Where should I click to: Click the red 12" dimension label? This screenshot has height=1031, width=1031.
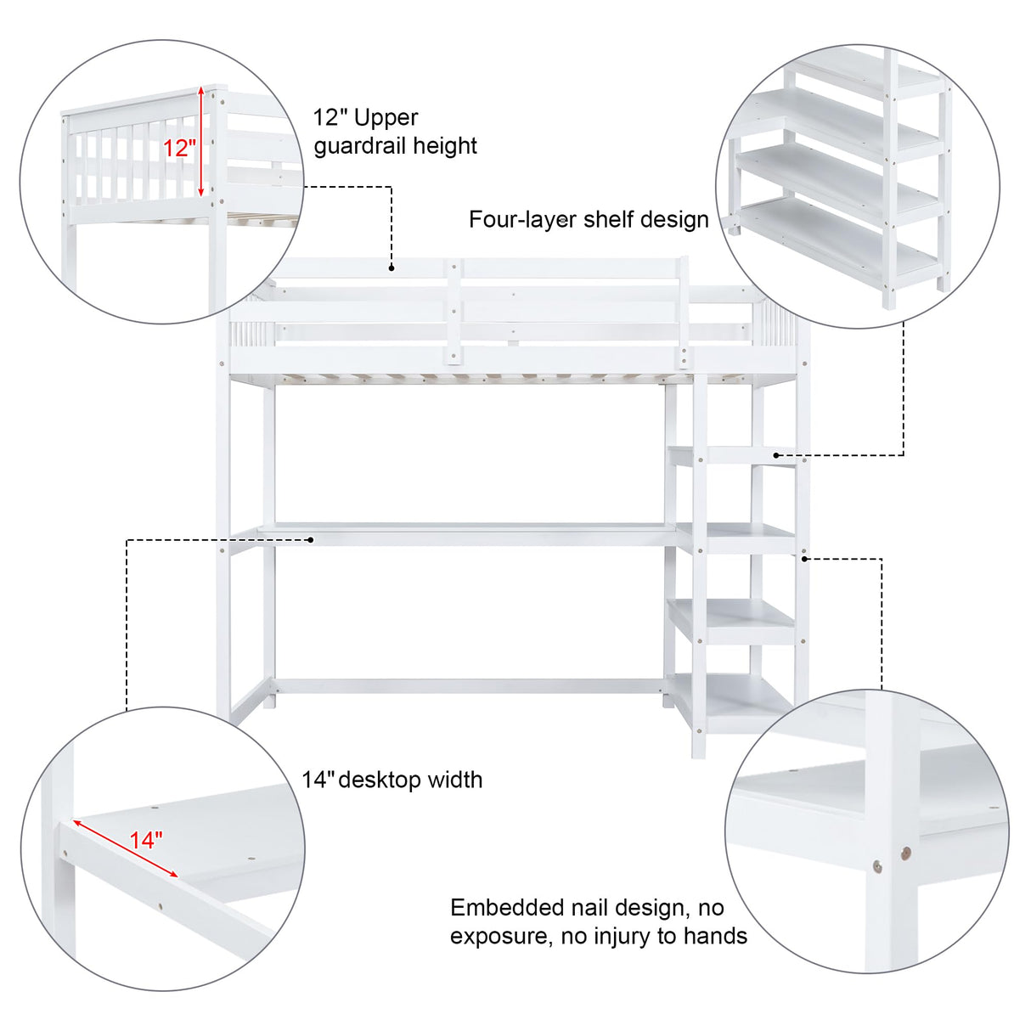point(179,148)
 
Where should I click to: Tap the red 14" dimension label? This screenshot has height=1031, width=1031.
point(145,840)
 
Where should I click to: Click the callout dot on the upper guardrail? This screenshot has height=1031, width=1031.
point(392,268)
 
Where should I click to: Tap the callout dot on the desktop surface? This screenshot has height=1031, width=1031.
point(312,539)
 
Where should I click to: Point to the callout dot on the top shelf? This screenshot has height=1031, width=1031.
point(776,455)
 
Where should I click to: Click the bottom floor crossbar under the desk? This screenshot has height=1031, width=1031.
point(467,685)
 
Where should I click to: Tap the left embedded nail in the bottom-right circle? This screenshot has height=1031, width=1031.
point(877,866)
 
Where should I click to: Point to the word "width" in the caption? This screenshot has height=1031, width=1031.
point(454,780)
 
